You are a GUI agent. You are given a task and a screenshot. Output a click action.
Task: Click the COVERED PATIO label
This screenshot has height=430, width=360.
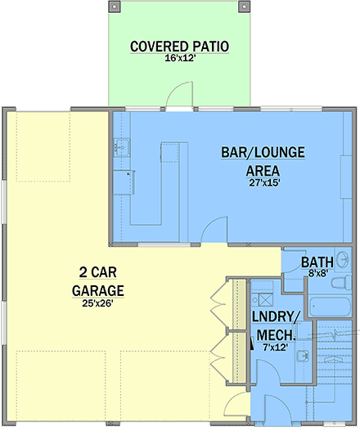[179, 47]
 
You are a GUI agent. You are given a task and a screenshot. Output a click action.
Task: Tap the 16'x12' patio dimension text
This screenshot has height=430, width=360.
[179, 58]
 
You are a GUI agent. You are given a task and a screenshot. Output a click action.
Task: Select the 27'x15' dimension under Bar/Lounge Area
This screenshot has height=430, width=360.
[264, 182]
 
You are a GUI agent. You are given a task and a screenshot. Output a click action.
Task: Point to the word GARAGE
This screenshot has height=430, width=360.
[98, 291]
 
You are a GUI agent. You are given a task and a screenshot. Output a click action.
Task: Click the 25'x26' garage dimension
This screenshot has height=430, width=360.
[97, 303]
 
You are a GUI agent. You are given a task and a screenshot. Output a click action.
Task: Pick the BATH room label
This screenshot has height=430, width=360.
[317, 262]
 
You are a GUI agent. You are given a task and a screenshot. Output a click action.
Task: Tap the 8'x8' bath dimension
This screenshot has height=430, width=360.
[317, 273]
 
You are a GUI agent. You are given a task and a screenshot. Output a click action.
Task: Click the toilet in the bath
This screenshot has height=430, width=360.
[341, 283]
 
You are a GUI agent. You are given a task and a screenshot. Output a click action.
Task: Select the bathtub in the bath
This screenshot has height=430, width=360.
[330, 307]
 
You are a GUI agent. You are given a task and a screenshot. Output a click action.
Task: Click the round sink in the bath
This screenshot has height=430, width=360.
[343, 259]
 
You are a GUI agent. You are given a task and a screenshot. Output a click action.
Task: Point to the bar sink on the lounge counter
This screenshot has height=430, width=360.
[122, 147]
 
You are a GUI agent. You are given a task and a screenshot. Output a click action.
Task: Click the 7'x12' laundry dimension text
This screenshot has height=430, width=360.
[275, 347]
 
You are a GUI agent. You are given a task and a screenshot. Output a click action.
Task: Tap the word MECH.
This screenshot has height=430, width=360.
[276, 335]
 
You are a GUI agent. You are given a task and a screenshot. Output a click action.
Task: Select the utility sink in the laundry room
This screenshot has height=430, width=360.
[304, 356]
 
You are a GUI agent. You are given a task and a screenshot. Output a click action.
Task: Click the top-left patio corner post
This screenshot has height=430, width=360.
[115, 7]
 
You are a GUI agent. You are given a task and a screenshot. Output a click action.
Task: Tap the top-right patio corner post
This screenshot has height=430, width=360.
[244, 7]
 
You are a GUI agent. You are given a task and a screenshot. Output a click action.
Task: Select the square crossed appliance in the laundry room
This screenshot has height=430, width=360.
[266, 300]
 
